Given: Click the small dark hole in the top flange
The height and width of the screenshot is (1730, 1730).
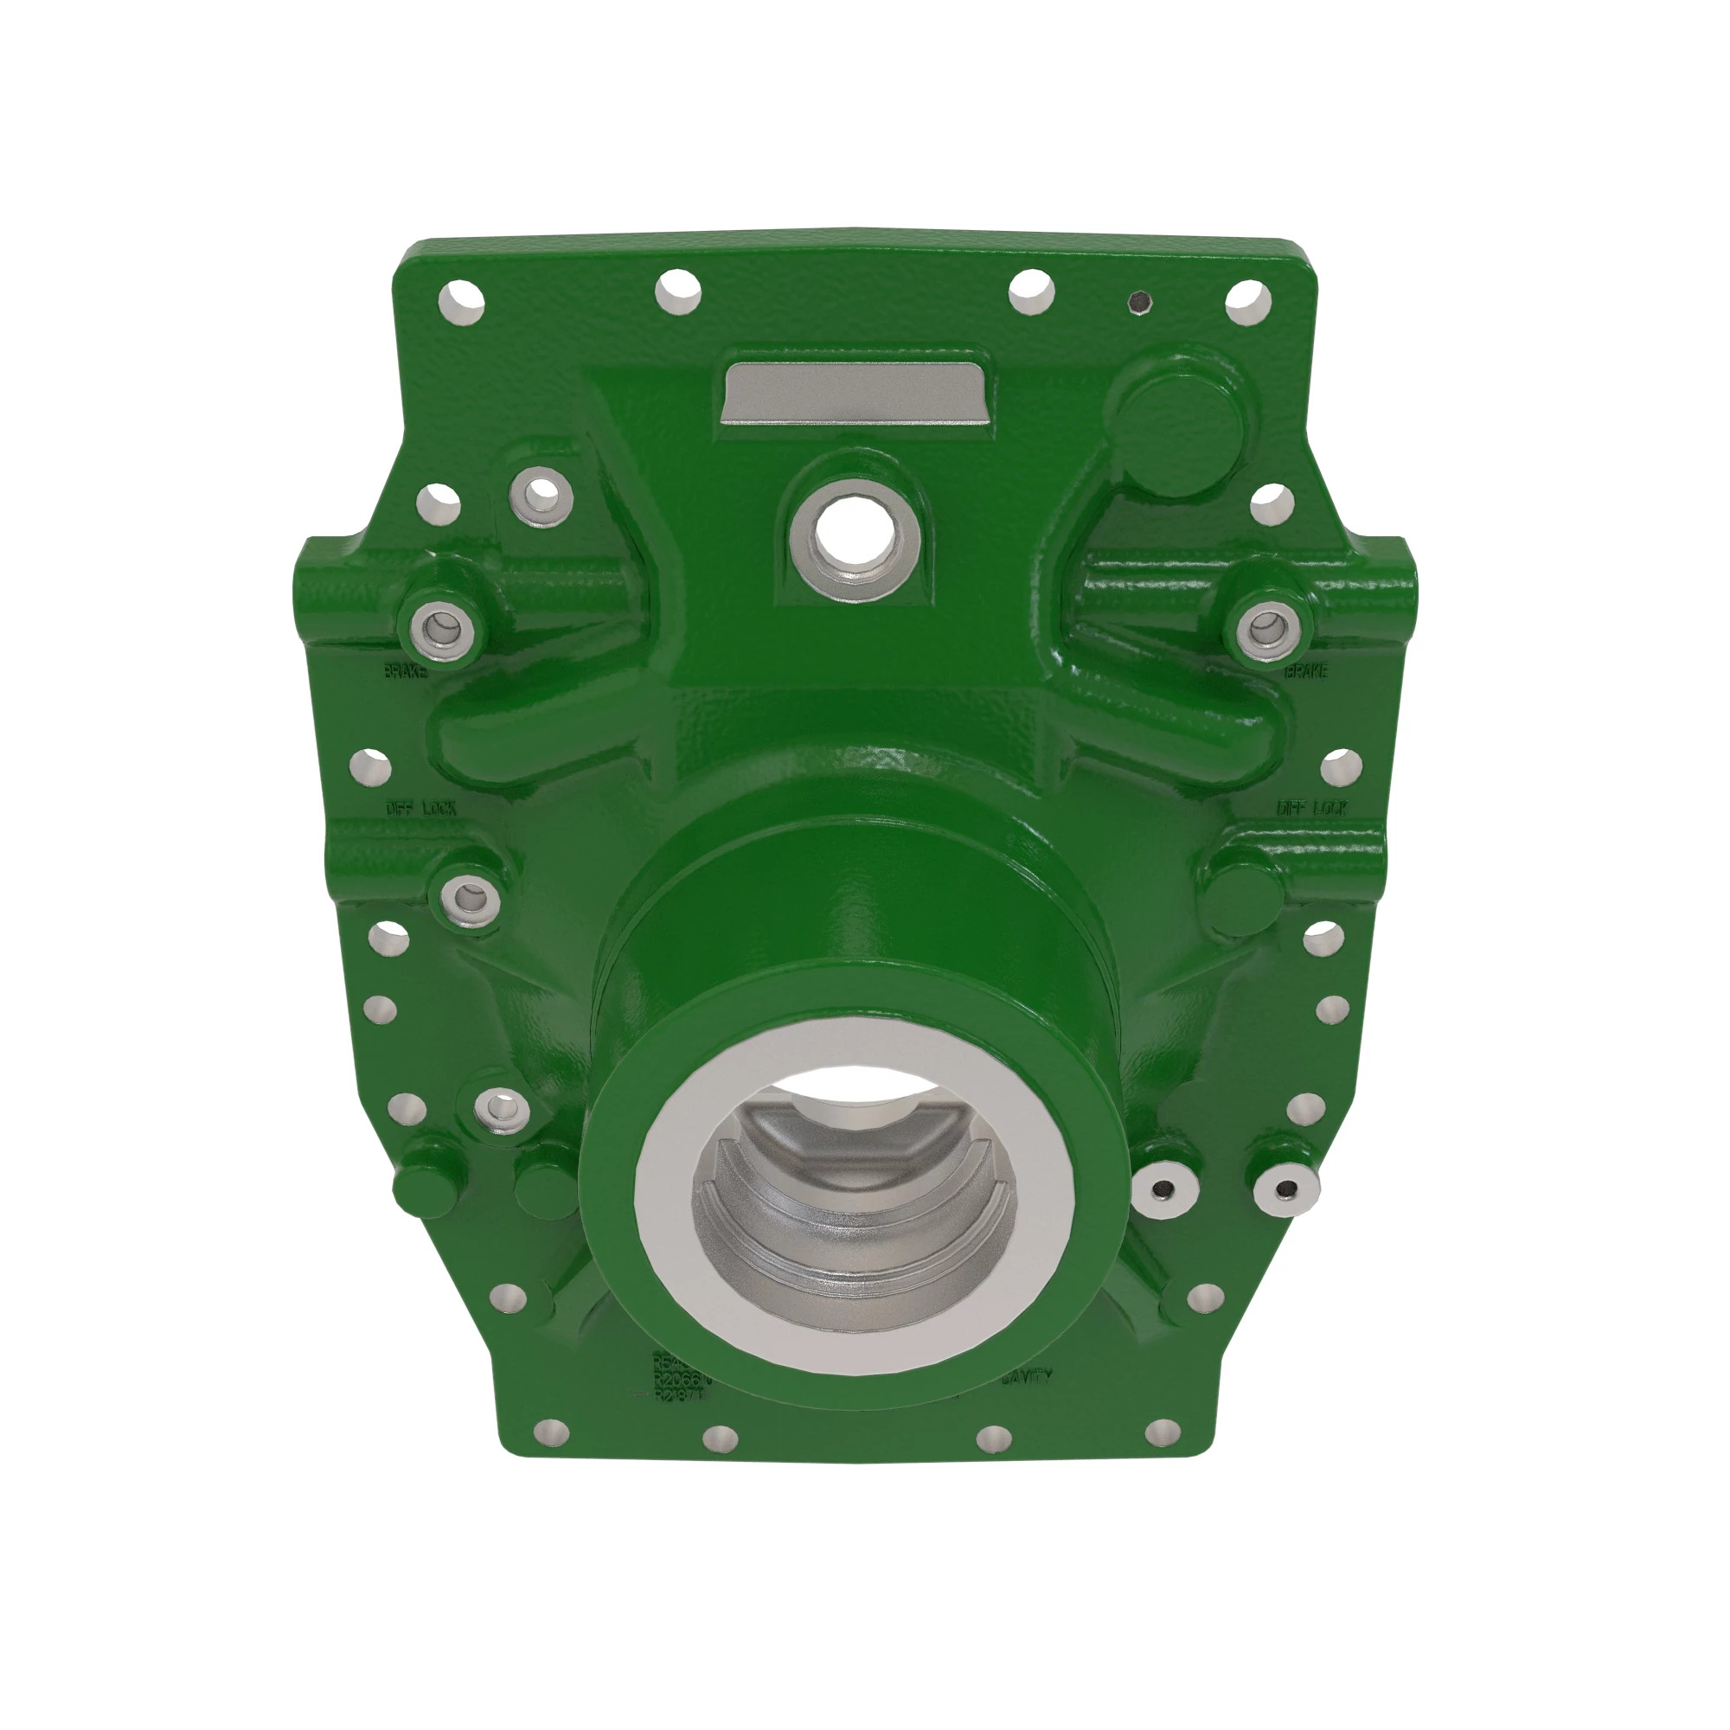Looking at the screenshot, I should pos(1138,303).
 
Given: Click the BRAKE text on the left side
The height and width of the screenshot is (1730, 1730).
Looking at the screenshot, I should pos(406,670).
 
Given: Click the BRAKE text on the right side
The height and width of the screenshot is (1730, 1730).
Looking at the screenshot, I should pos(1305,670).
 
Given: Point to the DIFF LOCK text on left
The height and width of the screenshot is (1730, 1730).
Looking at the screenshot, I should pos(421,808).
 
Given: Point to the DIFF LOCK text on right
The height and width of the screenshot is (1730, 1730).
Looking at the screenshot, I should pos(1311,808).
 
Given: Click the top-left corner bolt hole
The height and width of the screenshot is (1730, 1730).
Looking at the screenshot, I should pos(462,302).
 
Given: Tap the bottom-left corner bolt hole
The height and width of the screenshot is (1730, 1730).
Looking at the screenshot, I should pos(548,1432).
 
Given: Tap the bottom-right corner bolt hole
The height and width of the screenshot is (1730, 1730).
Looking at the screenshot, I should pos(1163,1432).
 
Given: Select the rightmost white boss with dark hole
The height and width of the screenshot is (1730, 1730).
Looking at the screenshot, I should pos(1285,1189).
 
